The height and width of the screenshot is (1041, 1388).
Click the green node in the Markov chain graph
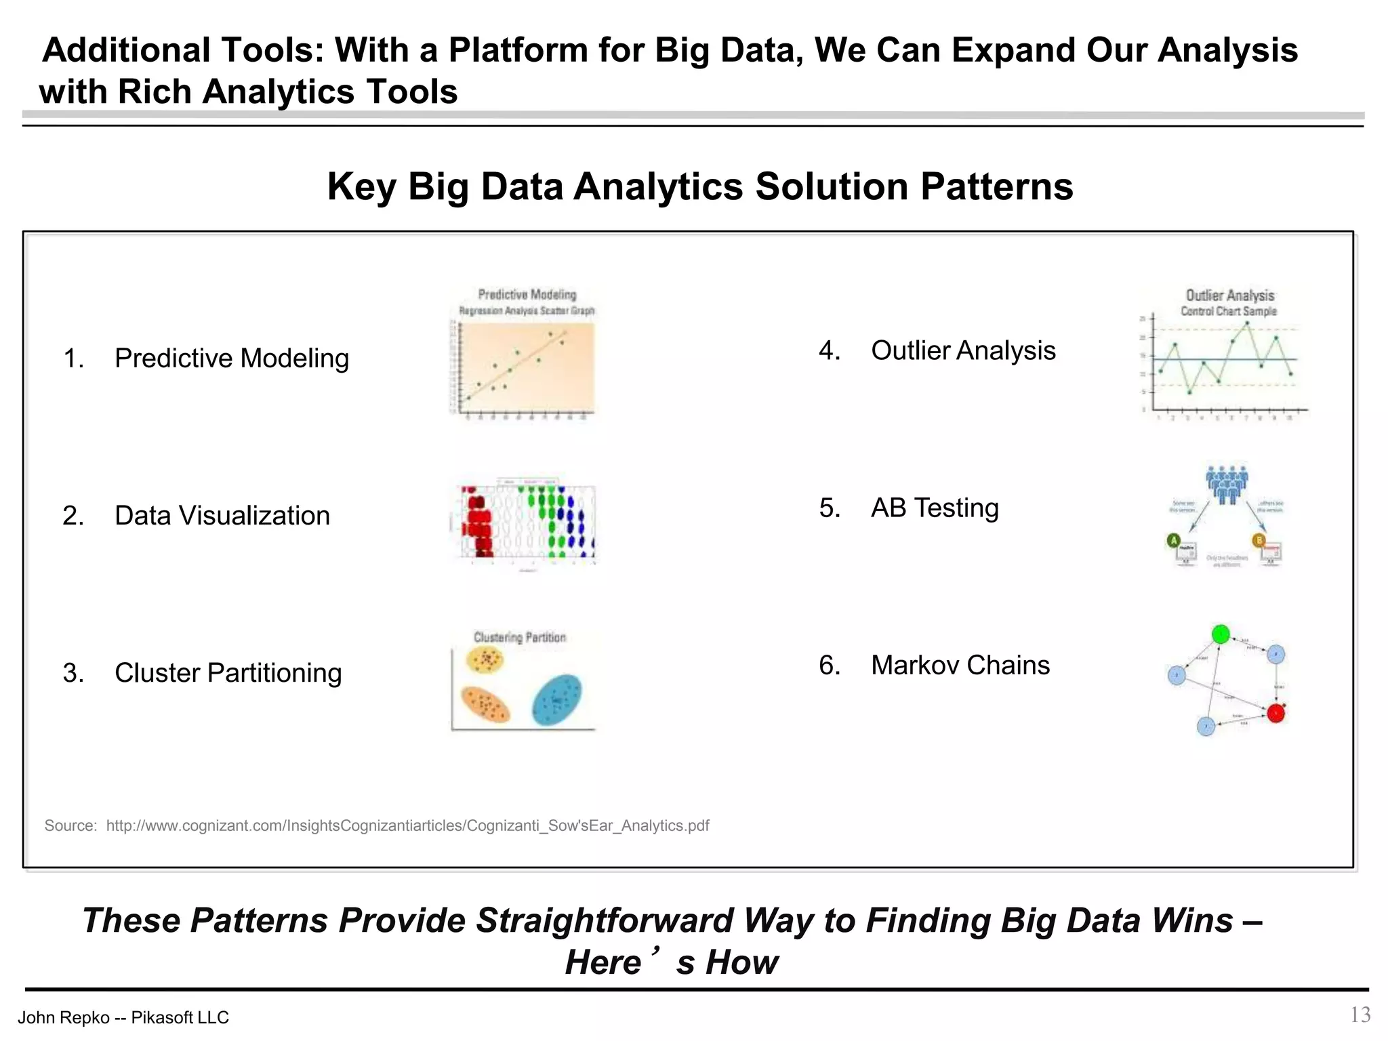pyautogui.click(x=1221, y=634)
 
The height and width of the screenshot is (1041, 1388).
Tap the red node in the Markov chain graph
pyautogui.click(x=1275, y=714)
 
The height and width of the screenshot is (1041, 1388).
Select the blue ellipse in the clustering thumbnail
pyautogui.click(x=556, y=700)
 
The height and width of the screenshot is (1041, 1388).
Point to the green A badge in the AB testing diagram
pyautogui.click(x=1174, y=540)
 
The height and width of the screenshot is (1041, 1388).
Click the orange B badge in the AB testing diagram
pyautogui.click(x=1259, y=540)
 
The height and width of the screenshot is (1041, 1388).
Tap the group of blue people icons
pyautogui.click(x=1227, y=484)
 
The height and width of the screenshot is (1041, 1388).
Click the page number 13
pyautogui.click(x=1360, y=1015)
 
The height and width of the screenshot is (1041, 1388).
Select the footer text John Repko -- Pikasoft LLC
pyautogui.click(x=123, y=1017)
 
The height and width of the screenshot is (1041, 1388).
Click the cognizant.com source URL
pyautogui.click(x=407, y=825)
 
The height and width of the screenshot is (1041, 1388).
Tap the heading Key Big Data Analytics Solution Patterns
pyautogui.click(x=700, y=186)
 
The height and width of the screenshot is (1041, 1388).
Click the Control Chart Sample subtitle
pyautogui.click(x=1228, y=311)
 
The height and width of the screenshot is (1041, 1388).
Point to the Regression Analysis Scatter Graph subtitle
pyautogui.click(x=527, y=310)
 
